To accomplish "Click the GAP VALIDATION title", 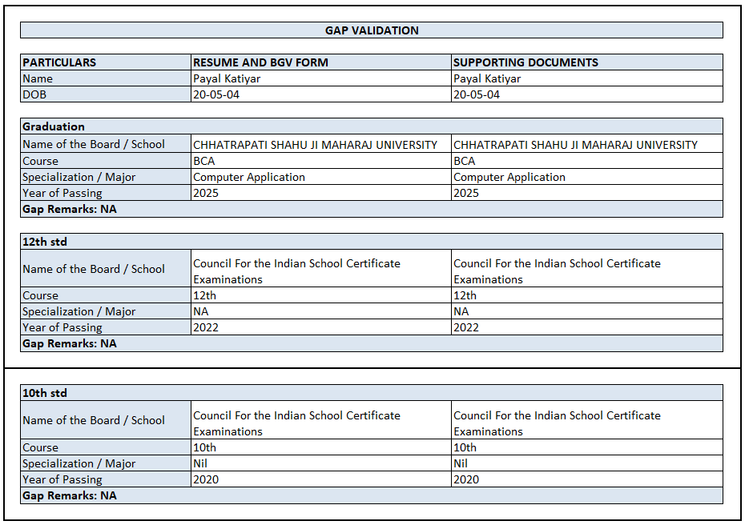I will pos(372,30).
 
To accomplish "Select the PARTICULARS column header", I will pos(59,62).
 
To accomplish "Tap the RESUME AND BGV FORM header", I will pos(260,62).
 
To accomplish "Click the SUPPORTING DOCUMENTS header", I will pos(526,62).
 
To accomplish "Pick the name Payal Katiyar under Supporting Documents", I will pos(487,78).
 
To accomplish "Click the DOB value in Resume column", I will pos(216,94).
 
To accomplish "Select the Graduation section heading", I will pos(54,126).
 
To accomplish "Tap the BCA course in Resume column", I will pos(204,161).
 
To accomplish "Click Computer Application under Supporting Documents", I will pos(509,177).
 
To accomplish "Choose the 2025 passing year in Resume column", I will pos(206,193).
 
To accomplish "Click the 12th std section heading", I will pos(45,242).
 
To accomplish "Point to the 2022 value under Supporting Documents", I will pos(466,327).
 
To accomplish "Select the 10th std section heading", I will pos(45,393).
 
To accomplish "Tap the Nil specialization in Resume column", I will pos(200,463).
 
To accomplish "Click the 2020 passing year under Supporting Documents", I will pos(466,479).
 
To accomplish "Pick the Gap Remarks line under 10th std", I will pos(70,495).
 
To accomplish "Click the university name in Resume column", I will pos(316,145).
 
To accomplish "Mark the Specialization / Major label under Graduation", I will pos(79,177).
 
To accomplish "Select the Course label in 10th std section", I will pos(40,447).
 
